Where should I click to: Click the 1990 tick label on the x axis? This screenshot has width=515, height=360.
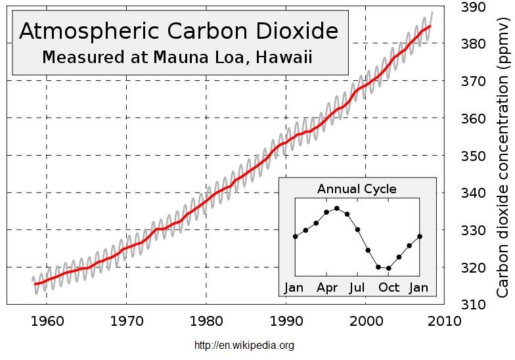pyautogui.click(x=286, y=322)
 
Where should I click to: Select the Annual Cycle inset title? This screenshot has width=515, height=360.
pyautogui.click(x=357, y=189)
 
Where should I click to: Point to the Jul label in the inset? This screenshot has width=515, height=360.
pyautogui.click(x=357, y=288)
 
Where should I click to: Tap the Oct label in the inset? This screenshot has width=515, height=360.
pyautogui.click(x=389, y=288)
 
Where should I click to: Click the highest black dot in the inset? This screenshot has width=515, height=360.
pyautogui.click(x=337, y=208)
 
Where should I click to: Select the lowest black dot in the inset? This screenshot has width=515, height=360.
pyautogui.click(x=389, y=268)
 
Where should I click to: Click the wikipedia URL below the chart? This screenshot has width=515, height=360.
pyautogui.click(x=244, y=346)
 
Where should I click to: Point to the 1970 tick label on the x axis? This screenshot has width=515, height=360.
pyautogui.click(x=126, y=322)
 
